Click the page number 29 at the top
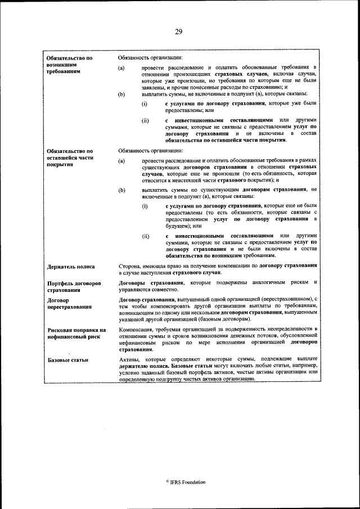click(x=178, y=31)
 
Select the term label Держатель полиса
click(x=71, y=267)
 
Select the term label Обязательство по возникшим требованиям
click(x=69, y=65)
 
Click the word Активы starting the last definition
click(x=129, y=358)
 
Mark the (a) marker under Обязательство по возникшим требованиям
click(x=121, y=69)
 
